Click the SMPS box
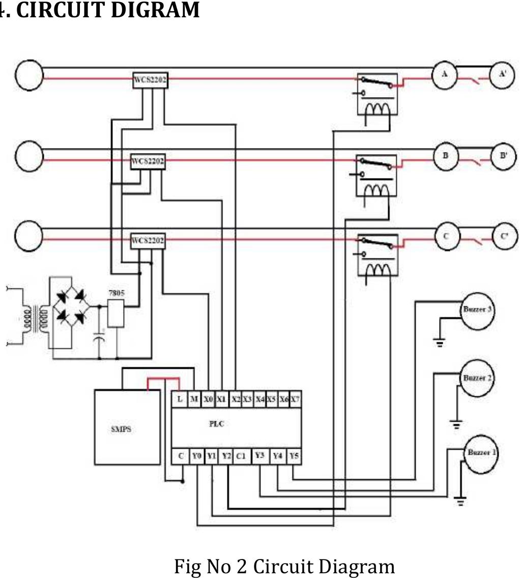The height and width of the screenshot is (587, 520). click(127, 427)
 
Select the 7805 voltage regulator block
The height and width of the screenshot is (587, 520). click(115, 313)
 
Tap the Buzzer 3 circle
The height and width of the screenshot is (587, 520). click(476, 310)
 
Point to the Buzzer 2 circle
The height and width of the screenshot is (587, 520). click(476, 378)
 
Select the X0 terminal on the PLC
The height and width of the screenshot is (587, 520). click(208, 400)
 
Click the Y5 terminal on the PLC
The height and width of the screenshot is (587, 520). click(294, 456)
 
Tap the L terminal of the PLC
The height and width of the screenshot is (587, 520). click(180, 400)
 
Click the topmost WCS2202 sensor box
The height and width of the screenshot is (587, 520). click(150, 80)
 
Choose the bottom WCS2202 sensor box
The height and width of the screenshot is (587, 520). click(148, 241)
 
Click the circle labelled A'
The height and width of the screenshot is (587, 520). click(502, 74)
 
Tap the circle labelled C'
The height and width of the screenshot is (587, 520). click(504, 236)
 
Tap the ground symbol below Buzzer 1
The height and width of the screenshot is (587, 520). click(460, 501)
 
